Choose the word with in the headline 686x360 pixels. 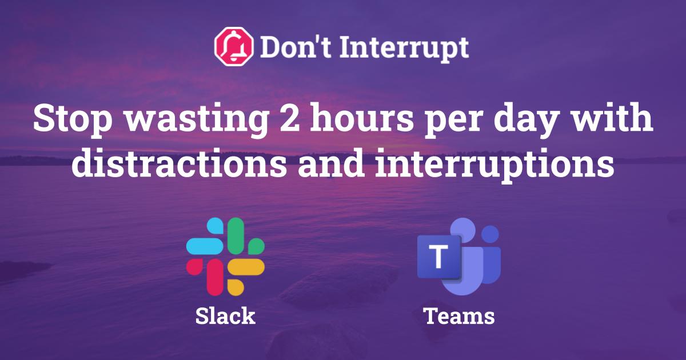click(x=616, y=120)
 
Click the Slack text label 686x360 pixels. click(x=225, y=316)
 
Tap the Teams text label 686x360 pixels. click(x=459, y=316)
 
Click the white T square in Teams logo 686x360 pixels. click(x=438, y=257)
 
